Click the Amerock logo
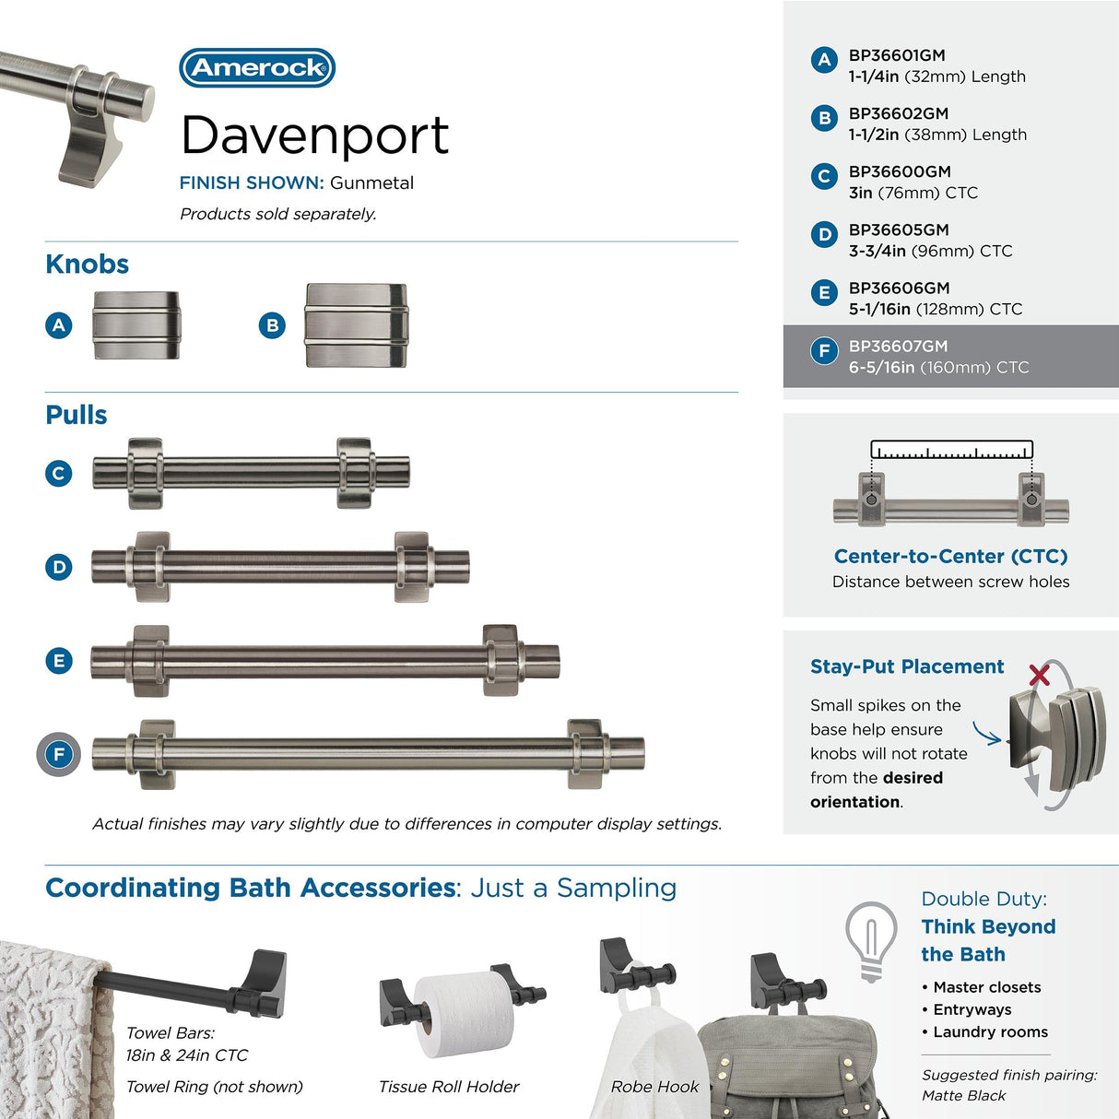click(x=257, y=67)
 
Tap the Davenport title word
click(x=314, y=136)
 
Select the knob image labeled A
click(x=136, y=325)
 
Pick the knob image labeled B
click(x=356, y=325)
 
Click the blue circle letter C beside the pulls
click(x=59, y=473)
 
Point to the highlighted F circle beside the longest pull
click(x=59, y=754)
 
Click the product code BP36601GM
click(x=897, y=55)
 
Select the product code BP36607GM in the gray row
click(x=898, y=346)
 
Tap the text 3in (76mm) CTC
click(x=913, y=193)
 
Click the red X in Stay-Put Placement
click(x=1039, y=676)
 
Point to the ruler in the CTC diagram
click(x=951, y=450)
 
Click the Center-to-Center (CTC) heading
click(x=950, y=556)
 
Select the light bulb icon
click(x=870, y=941)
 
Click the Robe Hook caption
click(x=654, y=1087)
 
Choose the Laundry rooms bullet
click(x=984, y=1032)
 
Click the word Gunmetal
click(x=371, y=183)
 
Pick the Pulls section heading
click(x=77, y=415)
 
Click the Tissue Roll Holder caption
click(x=448, y=1087)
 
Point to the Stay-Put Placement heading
click(x=906, y=666)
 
